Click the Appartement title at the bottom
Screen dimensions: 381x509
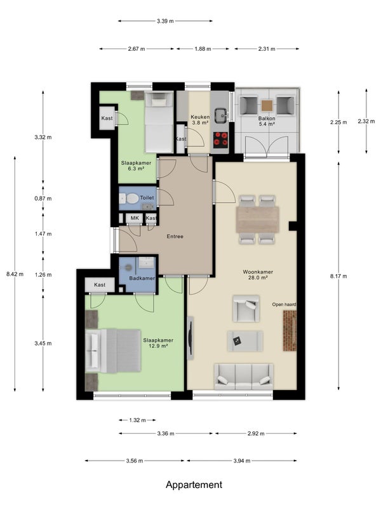point(194,485)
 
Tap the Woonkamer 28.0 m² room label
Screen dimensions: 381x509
point(258,275)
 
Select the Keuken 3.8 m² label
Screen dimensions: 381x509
point(199,120)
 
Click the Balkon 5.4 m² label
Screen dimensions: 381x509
point(267,121)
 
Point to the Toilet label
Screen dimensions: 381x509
point(147,198)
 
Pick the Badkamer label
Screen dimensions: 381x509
point(142,278)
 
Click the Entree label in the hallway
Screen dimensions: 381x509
point(175,236)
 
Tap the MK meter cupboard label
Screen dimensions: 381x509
point(135,218)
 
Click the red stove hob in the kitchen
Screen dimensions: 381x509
point(220,139)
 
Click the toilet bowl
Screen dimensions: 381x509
point(130,198)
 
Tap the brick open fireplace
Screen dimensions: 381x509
point(290,331)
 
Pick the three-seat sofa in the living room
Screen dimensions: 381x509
point(243,377)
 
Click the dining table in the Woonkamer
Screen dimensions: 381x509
point(258,220)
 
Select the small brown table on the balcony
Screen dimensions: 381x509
point(267,106)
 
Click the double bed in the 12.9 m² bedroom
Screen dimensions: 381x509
point(113,351)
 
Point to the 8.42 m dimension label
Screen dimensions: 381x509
point(15,274)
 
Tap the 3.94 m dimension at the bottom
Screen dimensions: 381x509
point(242,461)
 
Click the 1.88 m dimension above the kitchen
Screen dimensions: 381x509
point(203,49)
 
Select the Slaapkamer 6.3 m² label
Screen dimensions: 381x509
point(136,165)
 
